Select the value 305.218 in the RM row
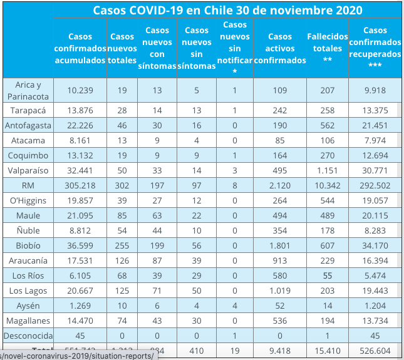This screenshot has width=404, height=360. (80, 186)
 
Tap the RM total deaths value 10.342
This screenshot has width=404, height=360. (326, 186)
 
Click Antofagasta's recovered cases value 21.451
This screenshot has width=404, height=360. (375, 126)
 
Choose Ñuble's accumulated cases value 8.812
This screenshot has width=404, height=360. (80, 231)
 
